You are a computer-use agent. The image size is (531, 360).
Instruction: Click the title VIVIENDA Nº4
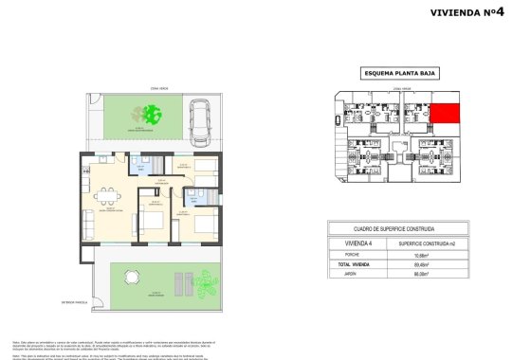(x=471, y=12)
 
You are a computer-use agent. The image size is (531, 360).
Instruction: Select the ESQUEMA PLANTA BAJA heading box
(x=397, y=73)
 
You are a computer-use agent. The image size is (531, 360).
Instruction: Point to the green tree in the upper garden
(x=151, y=116)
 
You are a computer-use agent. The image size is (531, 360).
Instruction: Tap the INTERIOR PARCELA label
(x=74, y=303)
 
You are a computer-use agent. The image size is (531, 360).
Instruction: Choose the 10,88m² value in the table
(x=437, y=255)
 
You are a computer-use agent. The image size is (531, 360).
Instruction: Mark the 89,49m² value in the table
(x=437, y=264)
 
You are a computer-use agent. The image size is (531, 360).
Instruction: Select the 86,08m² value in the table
(x=437, y=274)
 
